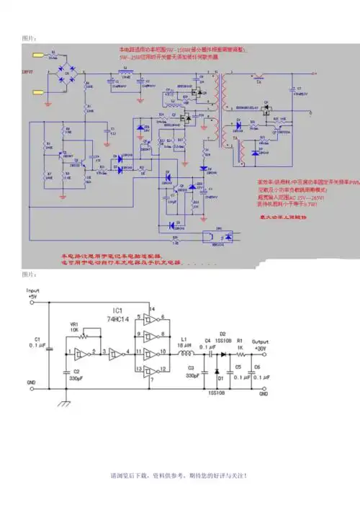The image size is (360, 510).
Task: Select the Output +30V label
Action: coord(260,345)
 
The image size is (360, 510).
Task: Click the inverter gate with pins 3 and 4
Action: coord(113,353)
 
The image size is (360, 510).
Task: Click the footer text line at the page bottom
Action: coord(179,476)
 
